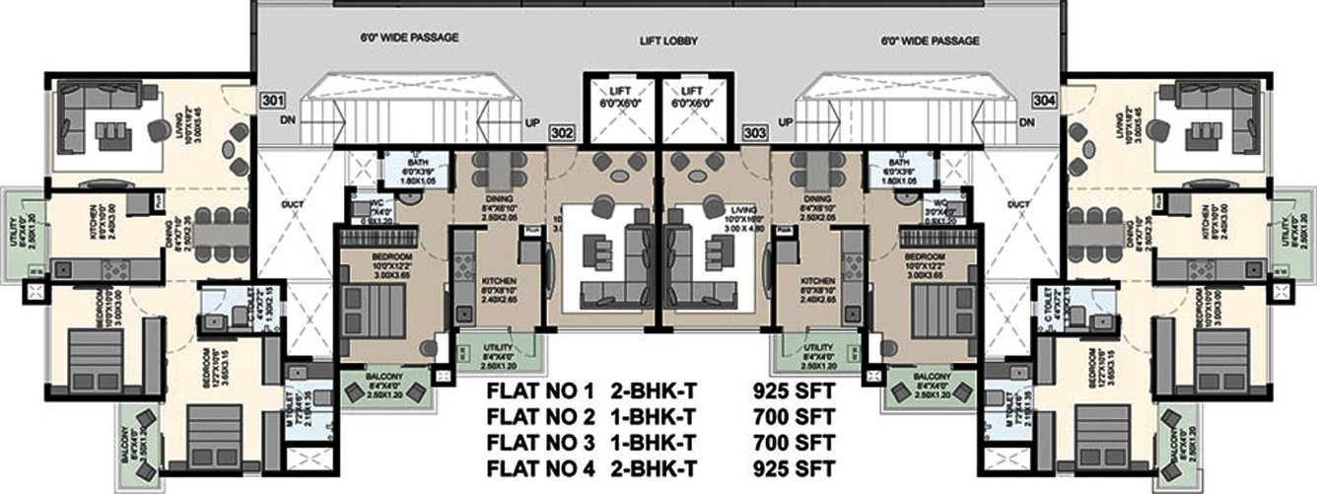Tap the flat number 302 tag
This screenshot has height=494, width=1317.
point(562,131)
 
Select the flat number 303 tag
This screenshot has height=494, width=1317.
point(755,131)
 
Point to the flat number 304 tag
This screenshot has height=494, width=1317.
point(1045,101)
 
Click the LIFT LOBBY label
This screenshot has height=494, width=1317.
point(658,42)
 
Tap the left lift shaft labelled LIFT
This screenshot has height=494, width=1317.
point(619,97)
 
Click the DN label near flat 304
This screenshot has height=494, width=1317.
point(1027,122)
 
